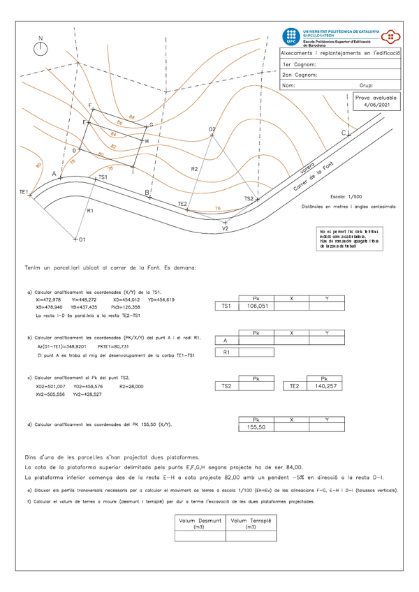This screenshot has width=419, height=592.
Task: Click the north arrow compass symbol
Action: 41,47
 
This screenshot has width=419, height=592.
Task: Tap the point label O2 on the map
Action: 212,130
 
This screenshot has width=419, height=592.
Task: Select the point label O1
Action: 81,239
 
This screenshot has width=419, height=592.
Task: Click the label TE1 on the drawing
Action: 24,191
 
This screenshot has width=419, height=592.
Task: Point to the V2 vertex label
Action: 225,228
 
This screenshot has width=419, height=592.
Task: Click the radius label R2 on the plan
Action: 195,170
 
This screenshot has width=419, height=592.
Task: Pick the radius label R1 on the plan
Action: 90,210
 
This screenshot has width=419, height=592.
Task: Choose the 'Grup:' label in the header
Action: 366,85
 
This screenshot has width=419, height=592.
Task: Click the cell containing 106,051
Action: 258,306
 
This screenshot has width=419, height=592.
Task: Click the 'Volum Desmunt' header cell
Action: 200,522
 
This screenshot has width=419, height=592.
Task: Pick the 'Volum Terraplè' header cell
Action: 251,522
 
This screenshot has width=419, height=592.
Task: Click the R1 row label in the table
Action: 226,353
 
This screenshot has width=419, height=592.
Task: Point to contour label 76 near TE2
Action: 218,208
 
